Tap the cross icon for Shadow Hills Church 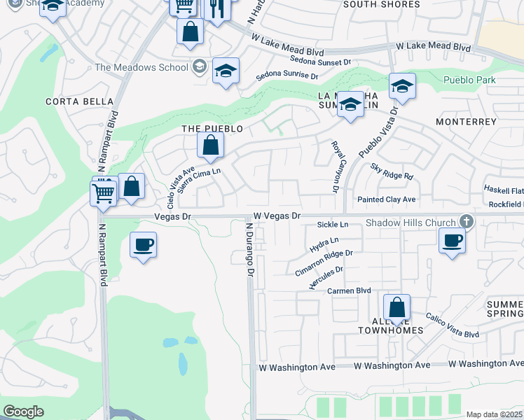[464, 222]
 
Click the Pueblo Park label [469, 80]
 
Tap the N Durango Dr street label [249, 249]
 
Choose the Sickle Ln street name [333, 225]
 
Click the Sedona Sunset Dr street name [319, 62]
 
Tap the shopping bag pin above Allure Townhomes [397, 308]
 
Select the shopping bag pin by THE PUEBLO [210, 146]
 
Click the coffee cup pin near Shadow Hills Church [452, 241]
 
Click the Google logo [23, 412]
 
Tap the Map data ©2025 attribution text [493, 414]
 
